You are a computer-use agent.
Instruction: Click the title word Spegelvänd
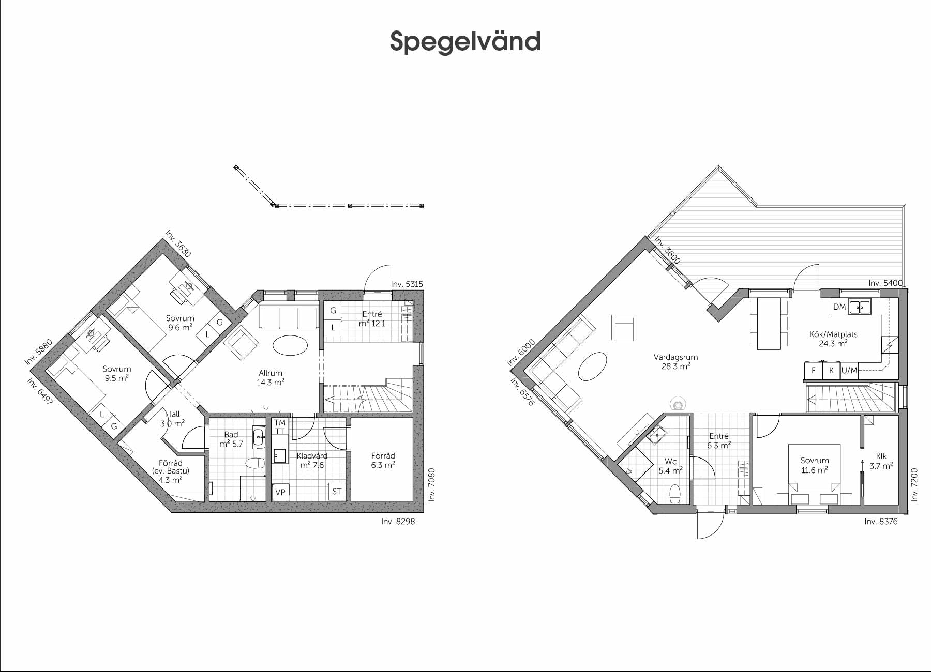point(465,41)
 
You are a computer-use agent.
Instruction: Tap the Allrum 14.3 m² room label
point(271,378)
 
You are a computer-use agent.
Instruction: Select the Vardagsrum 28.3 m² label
point(675,361)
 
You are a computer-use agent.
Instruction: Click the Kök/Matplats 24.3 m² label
point(833,339)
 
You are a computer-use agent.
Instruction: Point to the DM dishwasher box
point(839,307)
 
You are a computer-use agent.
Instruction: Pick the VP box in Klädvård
point(280,492)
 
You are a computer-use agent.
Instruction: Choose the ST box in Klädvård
point(337,492)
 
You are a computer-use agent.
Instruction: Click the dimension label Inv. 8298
point(398,522)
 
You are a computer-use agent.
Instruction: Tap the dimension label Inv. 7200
point(914,484)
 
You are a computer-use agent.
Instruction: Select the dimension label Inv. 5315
point(407,284)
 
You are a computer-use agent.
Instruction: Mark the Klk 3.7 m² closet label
point(881,461)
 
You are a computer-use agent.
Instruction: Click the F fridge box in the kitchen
point(813,371)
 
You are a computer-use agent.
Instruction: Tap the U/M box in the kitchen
point(849,371)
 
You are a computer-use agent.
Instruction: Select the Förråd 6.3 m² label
point(383,461)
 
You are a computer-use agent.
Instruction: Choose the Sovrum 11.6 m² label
point(815,465)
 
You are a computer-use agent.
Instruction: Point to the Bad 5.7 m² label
point(231,439)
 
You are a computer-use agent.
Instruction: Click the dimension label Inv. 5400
point(885,283)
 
